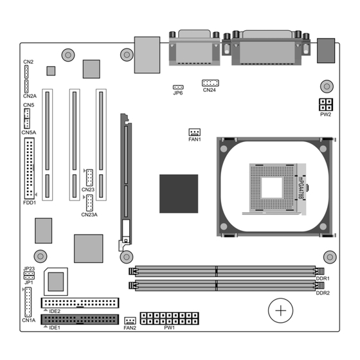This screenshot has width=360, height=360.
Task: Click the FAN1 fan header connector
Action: (x=194, y=132)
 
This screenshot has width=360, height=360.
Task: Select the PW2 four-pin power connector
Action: (x=326, y=105)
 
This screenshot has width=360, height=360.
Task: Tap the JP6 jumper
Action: (x=178, y=87)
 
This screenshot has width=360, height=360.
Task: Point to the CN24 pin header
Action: (x=210, y=83)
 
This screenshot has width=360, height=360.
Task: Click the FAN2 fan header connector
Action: (x=130, y=321)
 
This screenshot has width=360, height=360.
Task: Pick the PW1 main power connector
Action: (x=170, y=318)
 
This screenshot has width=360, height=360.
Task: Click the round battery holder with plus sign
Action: (x=280, y=310)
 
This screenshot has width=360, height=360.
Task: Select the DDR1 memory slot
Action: (x=226, y=271)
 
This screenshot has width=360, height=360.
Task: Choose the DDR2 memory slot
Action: (x=226, y=285)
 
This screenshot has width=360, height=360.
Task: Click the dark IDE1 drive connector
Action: (x=80, y=319)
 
